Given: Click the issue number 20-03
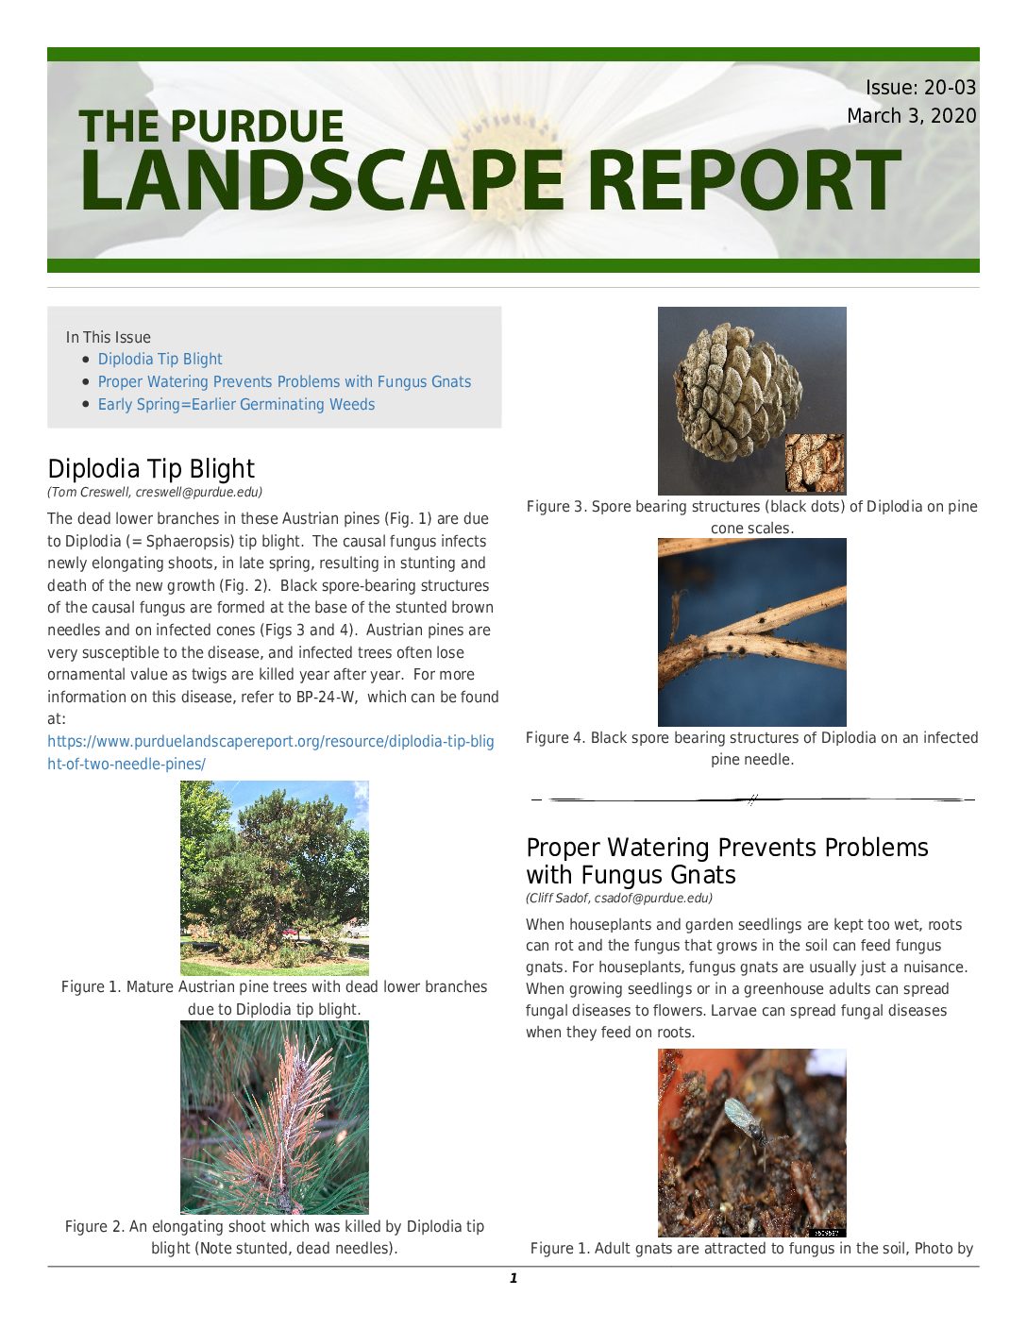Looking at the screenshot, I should [949, 88].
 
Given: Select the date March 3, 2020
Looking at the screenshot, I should [911, 116].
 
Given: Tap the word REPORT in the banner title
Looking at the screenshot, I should [746, 181].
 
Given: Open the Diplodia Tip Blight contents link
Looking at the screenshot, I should [160, 359].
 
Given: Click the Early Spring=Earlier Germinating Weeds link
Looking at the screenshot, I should [236, 404].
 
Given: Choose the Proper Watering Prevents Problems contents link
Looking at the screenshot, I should [284, 381].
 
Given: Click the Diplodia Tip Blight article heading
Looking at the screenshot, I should [151, 468].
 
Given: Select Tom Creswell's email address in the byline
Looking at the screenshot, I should [198, 492].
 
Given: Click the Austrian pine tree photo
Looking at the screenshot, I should [274, 877].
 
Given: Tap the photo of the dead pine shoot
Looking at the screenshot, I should [274, 1117].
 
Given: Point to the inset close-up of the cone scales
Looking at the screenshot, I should [815, 463].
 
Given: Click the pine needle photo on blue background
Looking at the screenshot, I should [751, 631].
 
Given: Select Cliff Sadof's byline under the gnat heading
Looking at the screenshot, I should [618, 898].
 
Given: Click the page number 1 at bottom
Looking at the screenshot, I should [513, 1278].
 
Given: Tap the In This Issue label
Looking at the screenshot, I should [108, 337].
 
